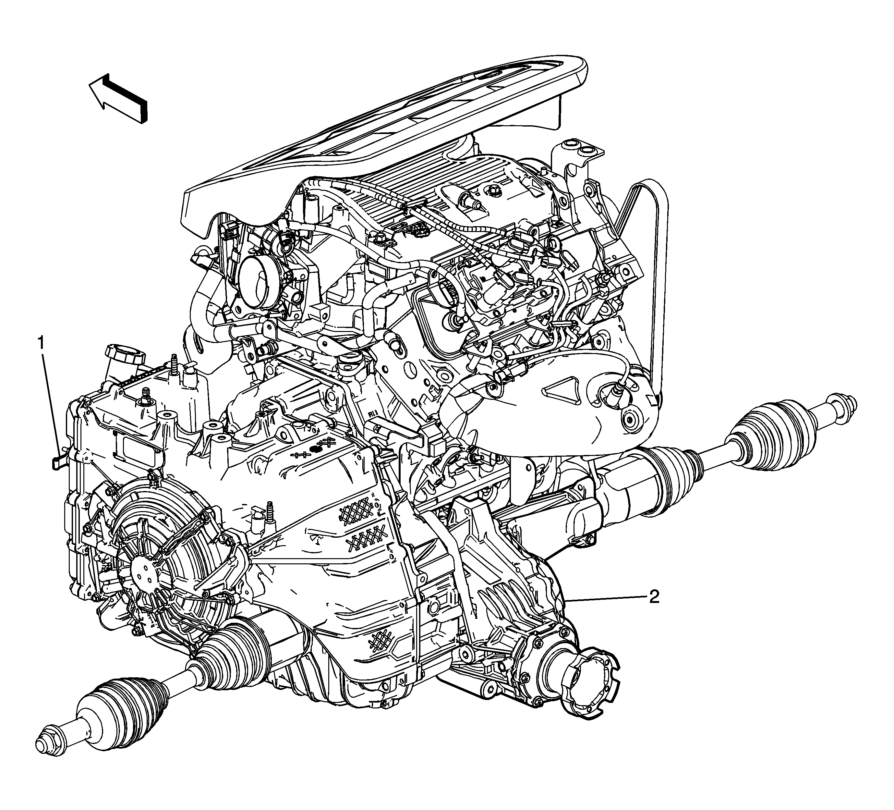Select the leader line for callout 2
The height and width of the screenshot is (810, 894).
pos(608,599)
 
